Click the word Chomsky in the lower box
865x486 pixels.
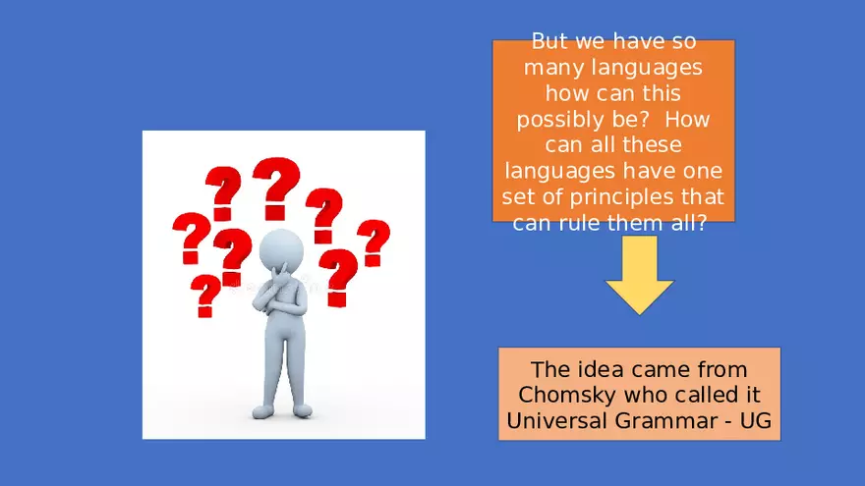(560, 396)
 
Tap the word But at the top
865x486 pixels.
(549, 42)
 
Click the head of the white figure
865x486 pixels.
(282, 248)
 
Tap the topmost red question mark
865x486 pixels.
(276, 187)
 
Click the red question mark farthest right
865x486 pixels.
(373, 242)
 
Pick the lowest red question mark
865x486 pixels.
(205, 296)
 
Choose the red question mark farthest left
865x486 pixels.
(190, 238)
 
